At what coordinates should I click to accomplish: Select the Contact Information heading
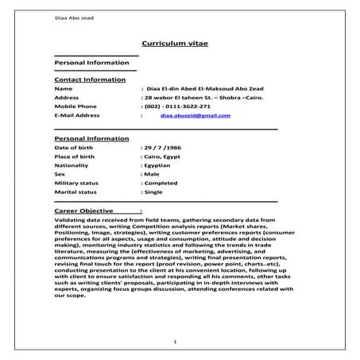pos(89,79)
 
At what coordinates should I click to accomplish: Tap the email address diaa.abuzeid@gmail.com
pos(195,115)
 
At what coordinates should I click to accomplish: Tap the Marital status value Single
pos(153,192)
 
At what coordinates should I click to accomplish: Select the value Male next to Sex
pos(151,174)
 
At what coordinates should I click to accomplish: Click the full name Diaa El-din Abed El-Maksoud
pos(202,88)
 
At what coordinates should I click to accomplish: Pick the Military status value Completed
pos(161,183)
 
